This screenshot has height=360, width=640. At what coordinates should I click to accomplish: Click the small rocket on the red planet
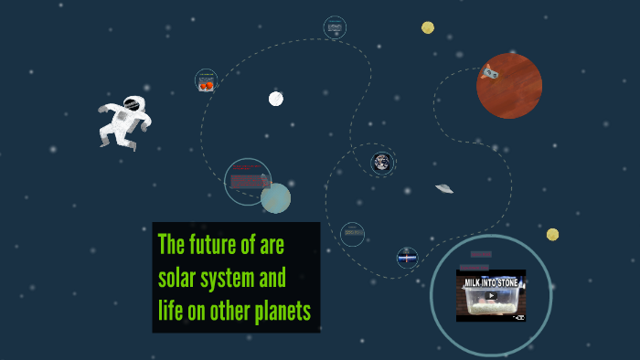[491, 70]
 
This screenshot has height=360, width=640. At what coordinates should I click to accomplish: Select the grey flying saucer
[444, 188]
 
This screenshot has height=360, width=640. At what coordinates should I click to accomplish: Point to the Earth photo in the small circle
[382, 163]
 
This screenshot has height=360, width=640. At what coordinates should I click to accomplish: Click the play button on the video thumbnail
[491, 295]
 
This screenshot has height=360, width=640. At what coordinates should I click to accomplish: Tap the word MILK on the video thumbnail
[474, 282]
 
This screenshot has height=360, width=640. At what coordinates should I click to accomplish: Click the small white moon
[275, 99]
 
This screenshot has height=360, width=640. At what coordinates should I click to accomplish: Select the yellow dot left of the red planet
[428, 27]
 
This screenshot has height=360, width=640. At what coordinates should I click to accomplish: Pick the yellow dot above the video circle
[552, 235]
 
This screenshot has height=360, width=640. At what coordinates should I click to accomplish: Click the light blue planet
[275, 197]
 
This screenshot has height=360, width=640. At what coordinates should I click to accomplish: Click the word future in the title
[223, 245]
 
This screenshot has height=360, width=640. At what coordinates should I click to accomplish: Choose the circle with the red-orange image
[207, 81]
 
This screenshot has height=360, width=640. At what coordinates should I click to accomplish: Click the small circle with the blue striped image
[408, 258]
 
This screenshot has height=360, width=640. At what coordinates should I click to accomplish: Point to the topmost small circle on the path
[335, 27]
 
